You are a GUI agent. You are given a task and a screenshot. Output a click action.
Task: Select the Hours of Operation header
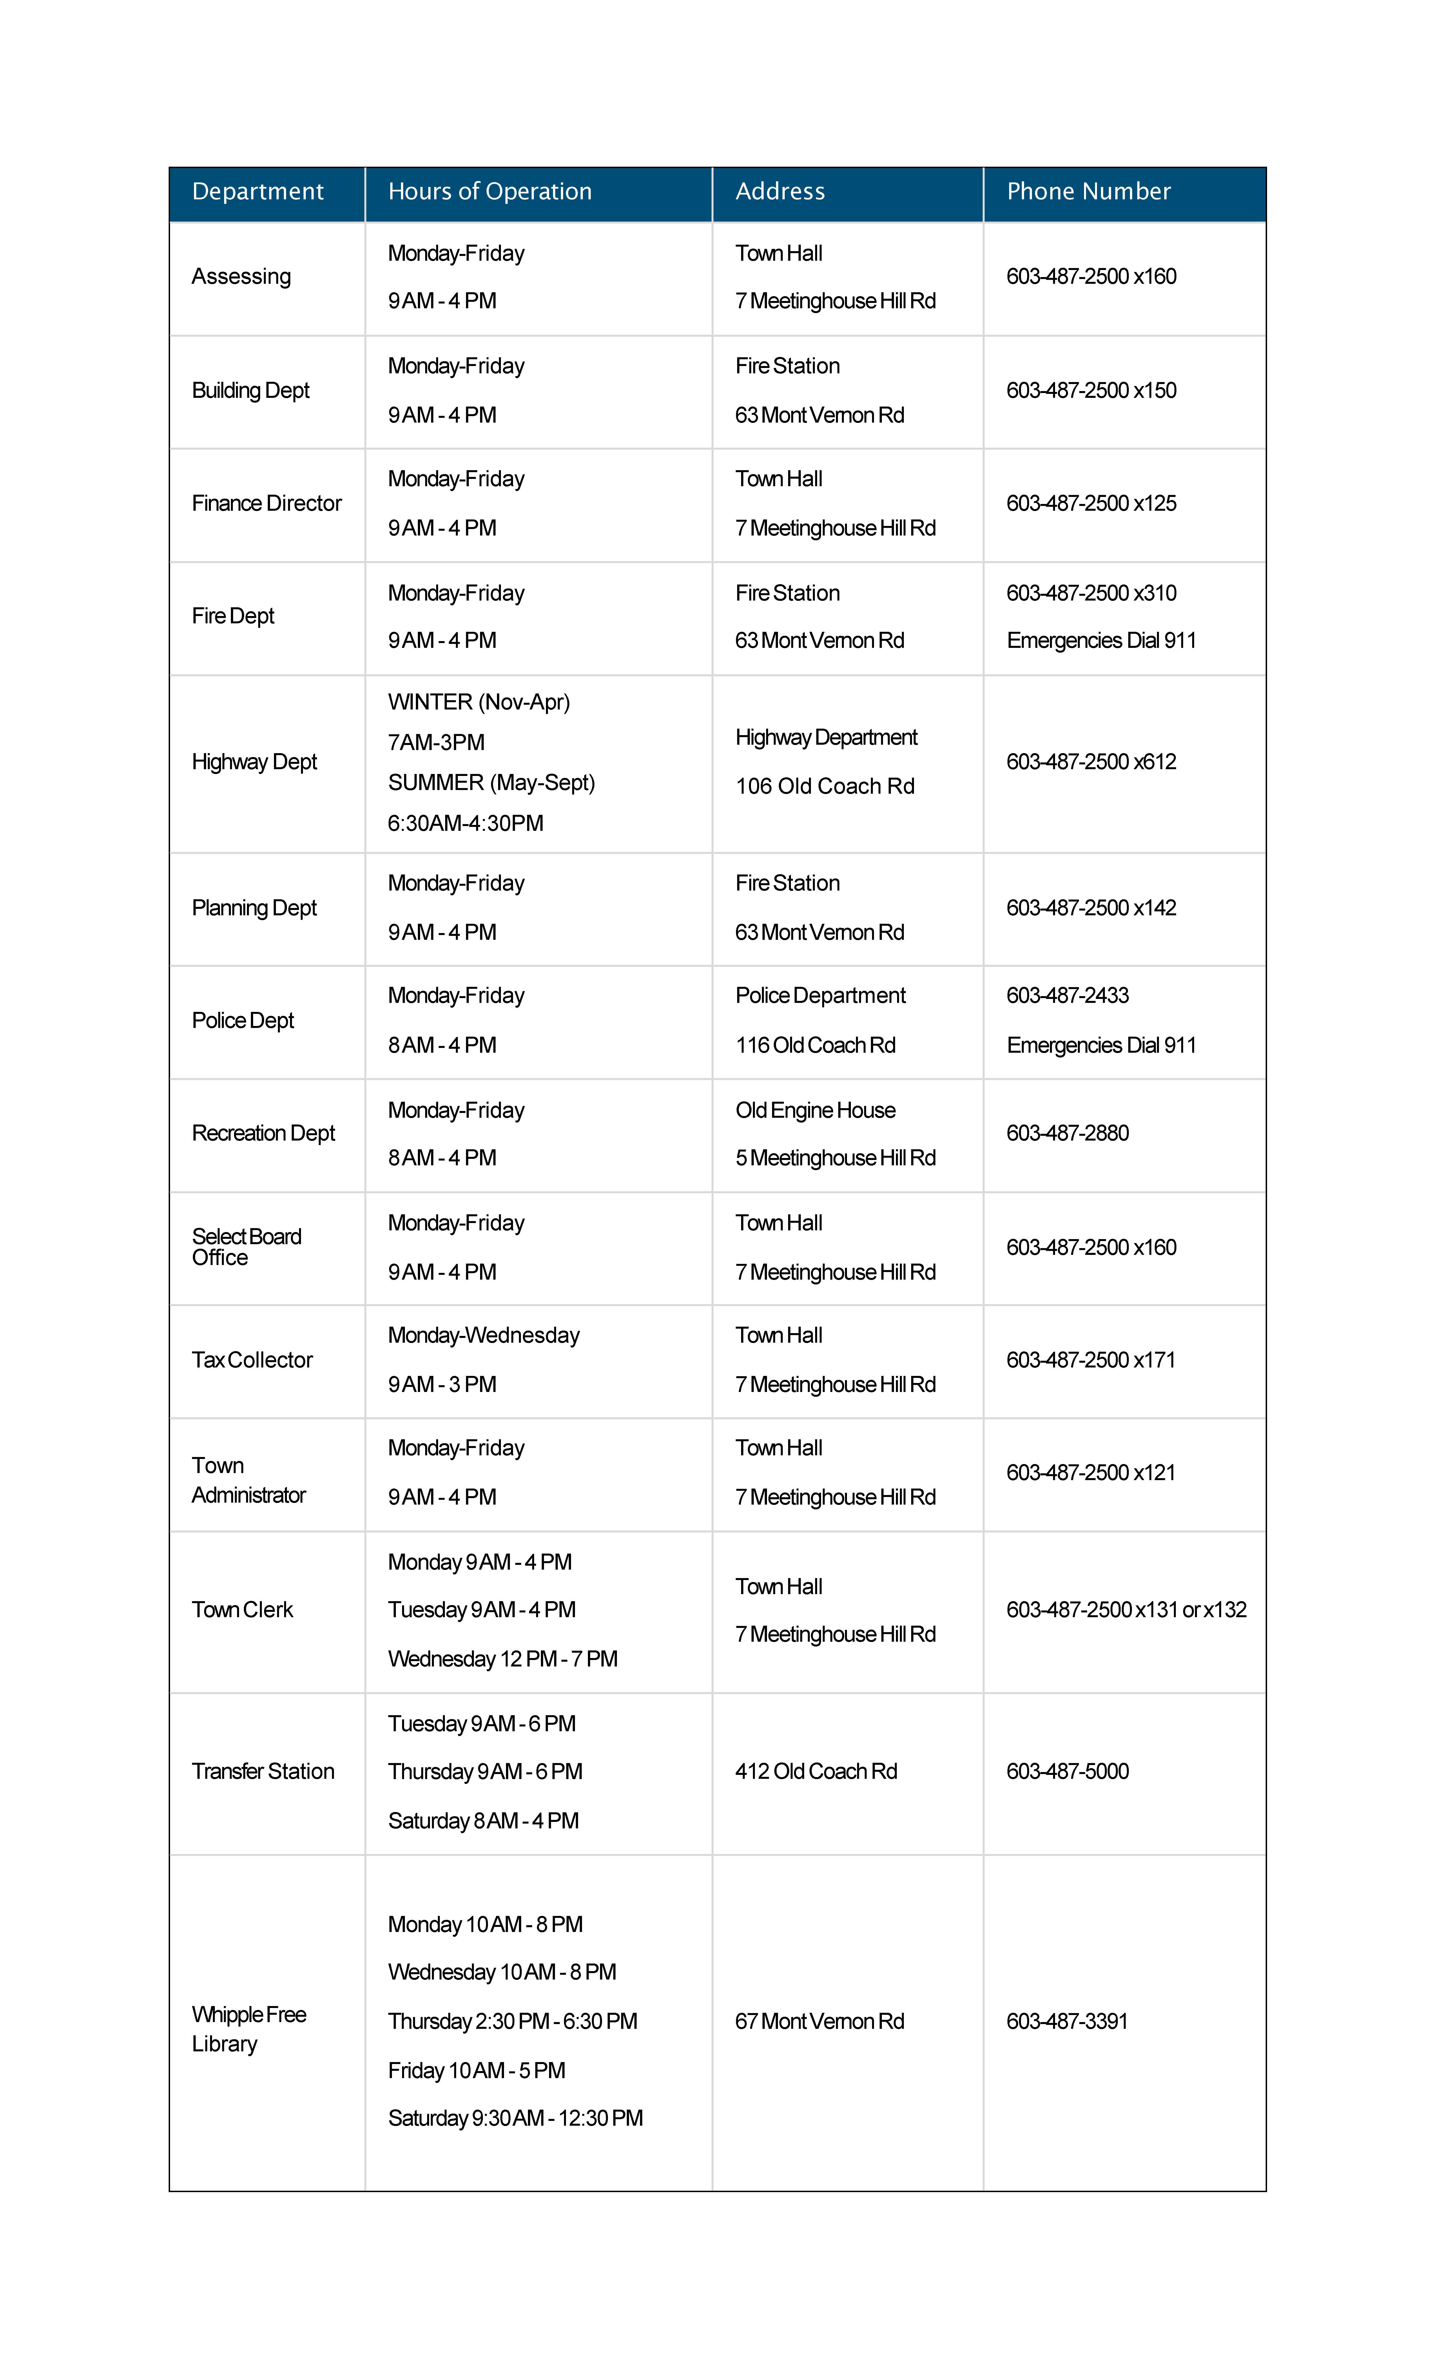490,192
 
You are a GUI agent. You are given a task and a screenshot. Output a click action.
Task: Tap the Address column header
779,192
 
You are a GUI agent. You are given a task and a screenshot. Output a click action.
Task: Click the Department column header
257,192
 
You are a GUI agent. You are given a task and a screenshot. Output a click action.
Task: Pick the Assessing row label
241,276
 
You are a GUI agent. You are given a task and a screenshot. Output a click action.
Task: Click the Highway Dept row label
254,762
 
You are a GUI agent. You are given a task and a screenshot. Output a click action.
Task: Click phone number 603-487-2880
1067,1134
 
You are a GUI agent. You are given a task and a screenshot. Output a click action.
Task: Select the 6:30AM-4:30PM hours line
465,824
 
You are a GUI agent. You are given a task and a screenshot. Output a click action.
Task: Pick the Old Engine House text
815,1110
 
